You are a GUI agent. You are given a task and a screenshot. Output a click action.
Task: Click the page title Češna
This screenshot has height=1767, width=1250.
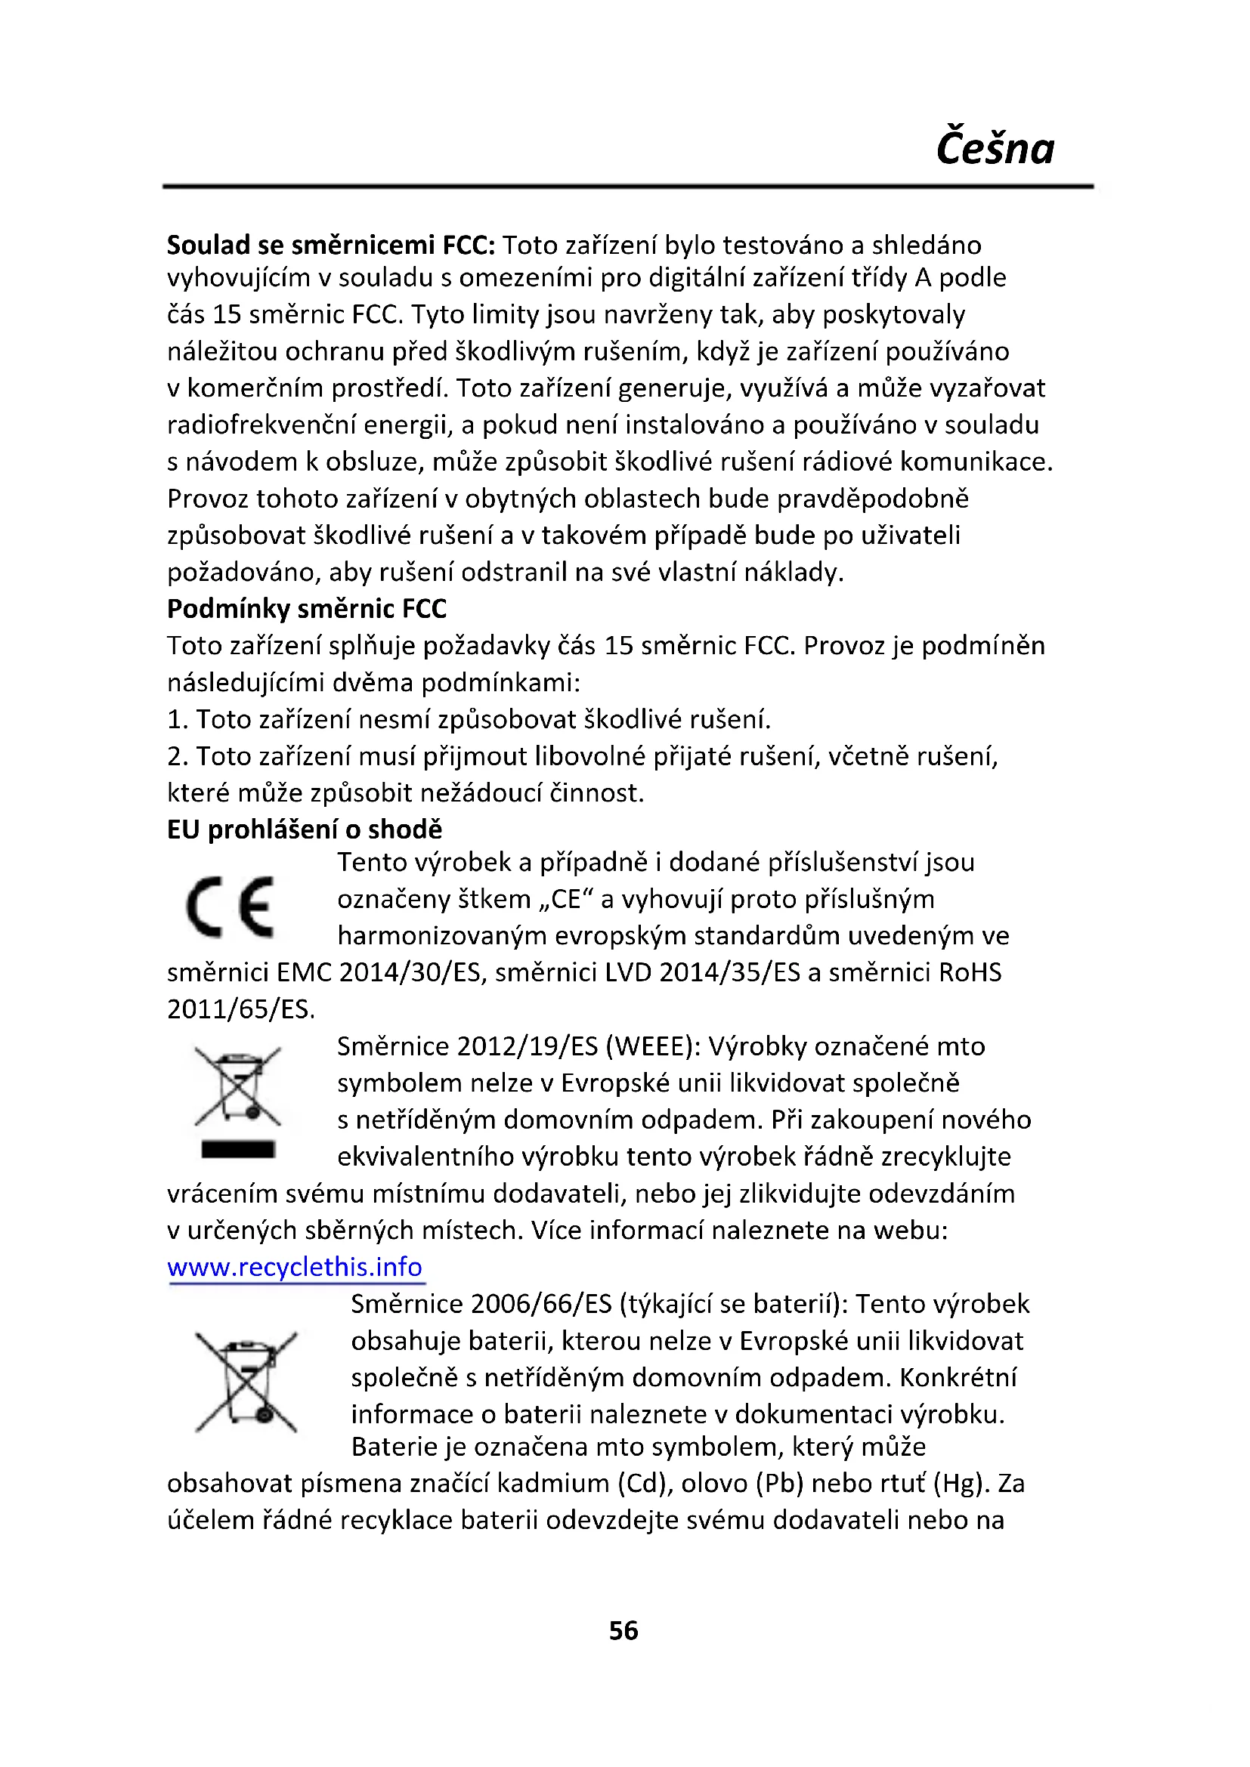tap(995, 149)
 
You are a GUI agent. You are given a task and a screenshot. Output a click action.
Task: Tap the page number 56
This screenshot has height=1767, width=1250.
tap(623, 1630)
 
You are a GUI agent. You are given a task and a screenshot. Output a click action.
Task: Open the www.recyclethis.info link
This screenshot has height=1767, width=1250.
tap(295, 1267)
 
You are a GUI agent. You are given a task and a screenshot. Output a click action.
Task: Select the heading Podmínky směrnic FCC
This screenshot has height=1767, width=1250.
tap(306, 609)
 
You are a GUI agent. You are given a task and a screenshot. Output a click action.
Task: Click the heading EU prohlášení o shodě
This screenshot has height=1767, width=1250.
tap(305, 829)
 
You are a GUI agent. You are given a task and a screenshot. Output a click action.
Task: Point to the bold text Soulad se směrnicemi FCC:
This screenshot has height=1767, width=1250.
tap(331, 245)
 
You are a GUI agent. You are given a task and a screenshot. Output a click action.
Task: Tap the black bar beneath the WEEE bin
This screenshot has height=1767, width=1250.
tap(238, 1150)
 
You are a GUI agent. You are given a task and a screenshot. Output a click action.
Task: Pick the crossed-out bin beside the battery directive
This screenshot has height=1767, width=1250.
tap(246, 1382)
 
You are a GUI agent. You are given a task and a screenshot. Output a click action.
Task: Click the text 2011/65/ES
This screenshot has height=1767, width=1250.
tap(240, 1009)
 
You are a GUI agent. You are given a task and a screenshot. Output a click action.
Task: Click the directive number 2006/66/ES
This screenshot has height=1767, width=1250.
tap(540, 1304)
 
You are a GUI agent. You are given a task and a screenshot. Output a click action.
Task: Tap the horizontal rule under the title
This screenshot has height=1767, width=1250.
tap(627, 187)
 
